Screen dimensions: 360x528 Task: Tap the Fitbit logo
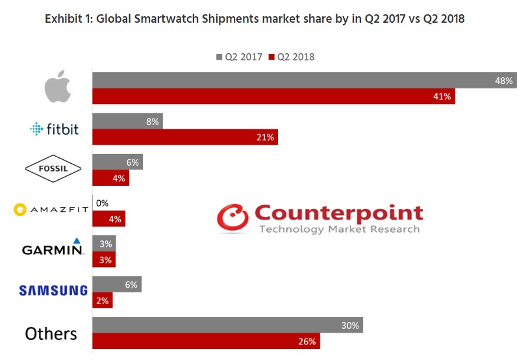pos(55,129)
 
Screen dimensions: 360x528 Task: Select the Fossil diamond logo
pos(53,170)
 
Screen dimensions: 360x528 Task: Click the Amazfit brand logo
pos(50,210)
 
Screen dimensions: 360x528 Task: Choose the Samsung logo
pos(53,290)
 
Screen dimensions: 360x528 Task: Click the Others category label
pos(51,333)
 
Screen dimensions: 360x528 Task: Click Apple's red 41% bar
pos(273,96)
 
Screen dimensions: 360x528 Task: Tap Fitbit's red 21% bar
pos(185,137)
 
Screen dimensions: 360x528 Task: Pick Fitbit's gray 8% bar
pos(127,121)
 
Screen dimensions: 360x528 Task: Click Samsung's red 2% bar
pos(103,300)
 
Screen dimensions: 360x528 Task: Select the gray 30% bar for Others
pos(227,325)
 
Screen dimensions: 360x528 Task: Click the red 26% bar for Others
pos(207,341)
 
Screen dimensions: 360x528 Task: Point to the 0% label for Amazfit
pos(102,203)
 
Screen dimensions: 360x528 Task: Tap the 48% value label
pos(503,81)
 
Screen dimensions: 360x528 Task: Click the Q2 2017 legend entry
pos(238,57)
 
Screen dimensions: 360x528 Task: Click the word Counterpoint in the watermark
pos(338,212)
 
